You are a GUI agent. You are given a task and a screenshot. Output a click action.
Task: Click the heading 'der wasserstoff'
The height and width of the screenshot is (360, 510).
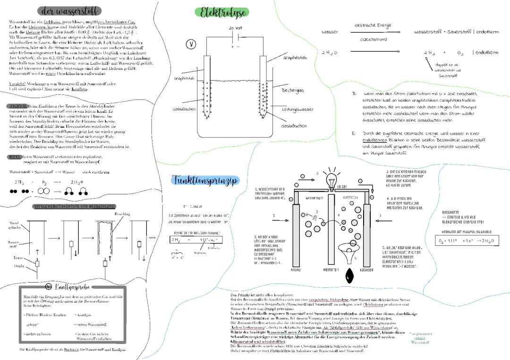point(69,10)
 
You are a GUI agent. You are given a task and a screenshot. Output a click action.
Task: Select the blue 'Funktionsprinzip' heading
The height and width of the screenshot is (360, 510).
point(205,180)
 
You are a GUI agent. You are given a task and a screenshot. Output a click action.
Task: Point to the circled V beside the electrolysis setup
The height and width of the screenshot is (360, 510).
point(191,45)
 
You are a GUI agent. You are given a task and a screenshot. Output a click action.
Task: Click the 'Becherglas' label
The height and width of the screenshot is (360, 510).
point(293,90)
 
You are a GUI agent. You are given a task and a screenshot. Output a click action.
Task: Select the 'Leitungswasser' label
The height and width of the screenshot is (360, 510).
point(297,109)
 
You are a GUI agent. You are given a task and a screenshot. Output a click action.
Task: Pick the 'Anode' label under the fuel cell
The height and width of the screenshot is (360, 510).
point(295,270)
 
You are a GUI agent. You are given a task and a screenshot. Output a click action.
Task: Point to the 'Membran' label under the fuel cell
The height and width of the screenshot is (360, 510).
point(330,270)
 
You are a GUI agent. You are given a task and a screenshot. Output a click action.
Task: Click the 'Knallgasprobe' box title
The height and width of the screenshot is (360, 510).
point(74,286)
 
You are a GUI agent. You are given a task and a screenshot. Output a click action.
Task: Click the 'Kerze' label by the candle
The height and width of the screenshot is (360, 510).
point(18,258)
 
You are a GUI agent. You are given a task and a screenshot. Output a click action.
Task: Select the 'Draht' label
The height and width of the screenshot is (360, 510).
point(18,266)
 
